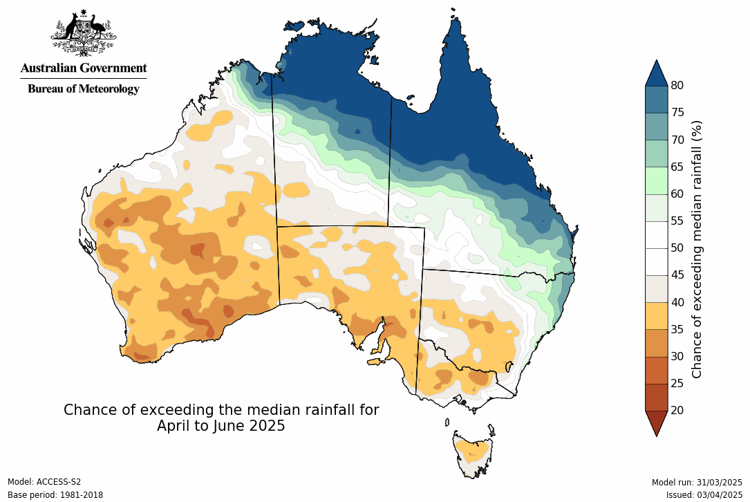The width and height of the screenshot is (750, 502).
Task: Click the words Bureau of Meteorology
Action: point(84,89)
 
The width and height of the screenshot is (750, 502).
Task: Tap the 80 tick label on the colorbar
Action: point(677,85)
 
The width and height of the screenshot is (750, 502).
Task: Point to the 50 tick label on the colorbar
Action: point(677,248)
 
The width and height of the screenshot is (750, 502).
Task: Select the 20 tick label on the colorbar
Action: point(677,410)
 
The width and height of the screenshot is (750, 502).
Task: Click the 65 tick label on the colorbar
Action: point(677,167)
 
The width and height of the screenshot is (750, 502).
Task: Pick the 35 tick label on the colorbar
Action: point(677,329)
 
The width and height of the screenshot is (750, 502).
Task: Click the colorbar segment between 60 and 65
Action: point(656,180)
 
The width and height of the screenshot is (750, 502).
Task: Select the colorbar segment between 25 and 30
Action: point(656,370)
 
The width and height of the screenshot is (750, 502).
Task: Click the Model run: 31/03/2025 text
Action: point(697,482)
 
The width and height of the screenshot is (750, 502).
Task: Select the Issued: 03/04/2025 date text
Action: point(704,495)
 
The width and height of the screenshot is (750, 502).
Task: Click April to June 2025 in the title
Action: point(221,426)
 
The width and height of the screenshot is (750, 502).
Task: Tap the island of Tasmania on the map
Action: point(474,453)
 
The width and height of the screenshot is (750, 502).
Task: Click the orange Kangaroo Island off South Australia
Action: point(375,361)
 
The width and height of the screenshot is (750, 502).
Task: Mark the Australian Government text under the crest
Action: point(84,68)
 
